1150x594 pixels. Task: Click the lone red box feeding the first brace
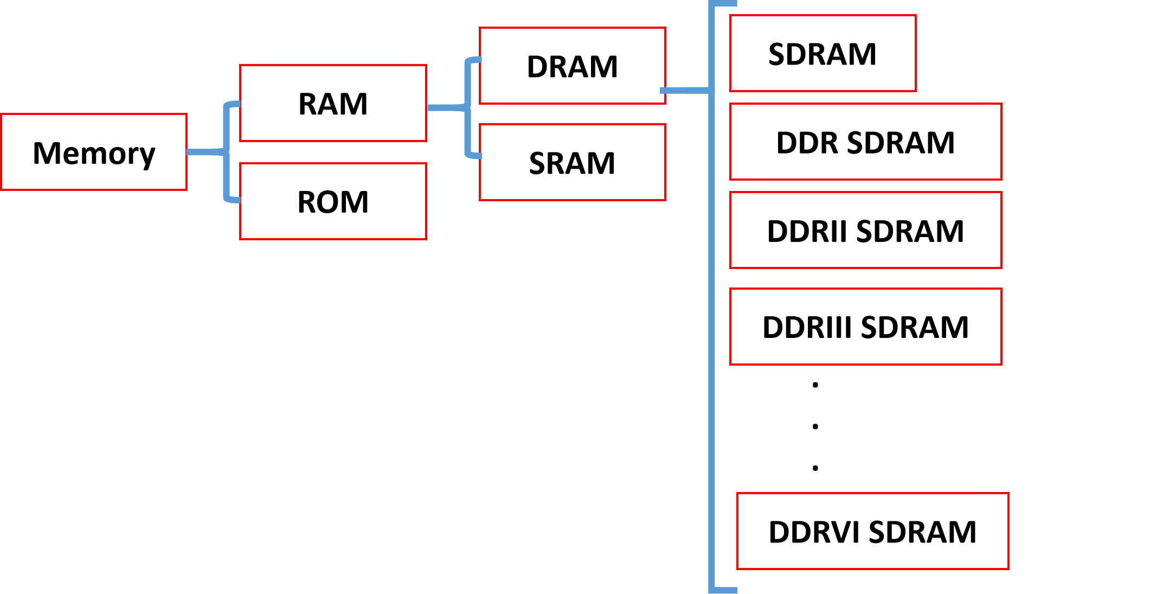(x=94, y=152)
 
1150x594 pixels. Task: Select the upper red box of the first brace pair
(x=333, y=103)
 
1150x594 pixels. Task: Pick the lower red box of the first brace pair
(x=333, y=201)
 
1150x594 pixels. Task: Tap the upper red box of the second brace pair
(x=573, y=66)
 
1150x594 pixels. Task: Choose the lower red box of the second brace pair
(x=573, y=162)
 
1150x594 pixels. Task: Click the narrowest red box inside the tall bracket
(x=823, y=53)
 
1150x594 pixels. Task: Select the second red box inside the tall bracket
(x=866, y=142)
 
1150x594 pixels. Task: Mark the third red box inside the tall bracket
(x=866, y=230)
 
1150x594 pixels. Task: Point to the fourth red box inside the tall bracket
(x=866, y=327)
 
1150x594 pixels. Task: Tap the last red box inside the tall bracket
(x=873, y=531)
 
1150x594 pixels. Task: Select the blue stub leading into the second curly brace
(x=446, y=108)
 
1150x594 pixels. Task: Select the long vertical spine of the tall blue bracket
(x=712, y=325)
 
